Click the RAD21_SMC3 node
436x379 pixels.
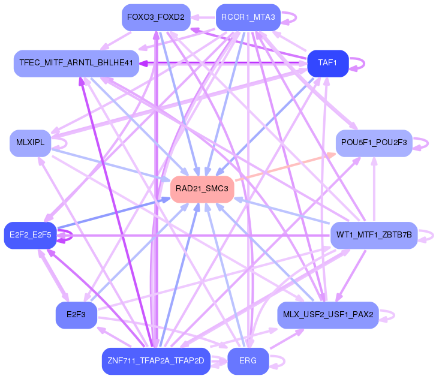pos(202,189)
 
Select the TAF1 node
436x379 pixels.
pos(327,63)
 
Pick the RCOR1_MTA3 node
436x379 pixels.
pos(248,17)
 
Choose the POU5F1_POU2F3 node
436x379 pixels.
pos(374,143)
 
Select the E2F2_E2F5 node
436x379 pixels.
pos(30,235)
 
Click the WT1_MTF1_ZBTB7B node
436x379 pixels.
pos(374,235)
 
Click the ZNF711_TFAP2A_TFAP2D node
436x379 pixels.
pos(155,361)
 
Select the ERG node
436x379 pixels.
pos(248,361)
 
